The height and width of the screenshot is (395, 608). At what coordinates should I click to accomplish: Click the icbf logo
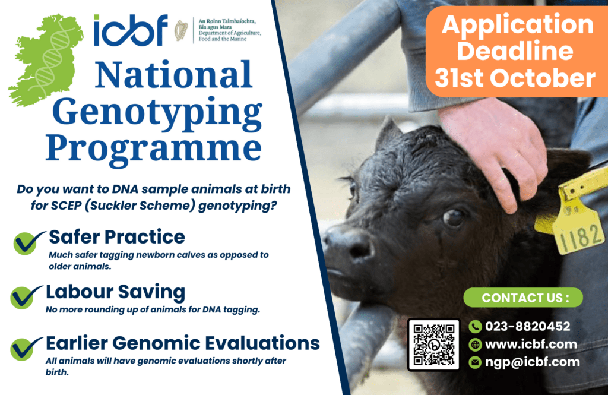point(131,30)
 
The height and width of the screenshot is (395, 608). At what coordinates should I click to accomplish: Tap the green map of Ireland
point(46,60)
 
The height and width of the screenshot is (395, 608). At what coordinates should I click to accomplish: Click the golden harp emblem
point(181,31)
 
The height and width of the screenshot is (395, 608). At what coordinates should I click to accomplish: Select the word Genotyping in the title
point(157,112)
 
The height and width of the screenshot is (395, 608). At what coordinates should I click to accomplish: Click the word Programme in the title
point(154,149)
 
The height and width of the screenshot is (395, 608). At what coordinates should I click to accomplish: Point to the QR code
point(434,345)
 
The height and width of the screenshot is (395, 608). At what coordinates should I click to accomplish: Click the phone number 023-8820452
point(528,326)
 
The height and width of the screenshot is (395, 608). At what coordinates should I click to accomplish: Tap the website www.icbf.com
point(531,344)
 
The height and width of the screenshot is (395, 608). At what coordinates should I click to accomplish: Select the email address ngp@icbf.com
point(533,362)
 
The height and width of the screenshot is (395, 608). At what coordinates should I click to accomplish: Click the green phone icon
point(475,327)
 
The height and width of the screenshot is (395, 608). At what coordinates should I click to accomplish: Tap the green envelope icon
point(475,362)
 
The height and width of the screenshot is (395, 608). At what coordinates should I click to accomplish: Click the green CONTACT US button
point(523,298)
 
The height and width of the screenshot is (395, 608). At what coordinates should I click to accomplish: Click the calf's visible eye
point(453,217)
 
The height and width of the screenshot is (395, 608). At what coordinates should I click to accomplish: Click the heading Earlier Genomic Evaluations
point(183,343)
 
